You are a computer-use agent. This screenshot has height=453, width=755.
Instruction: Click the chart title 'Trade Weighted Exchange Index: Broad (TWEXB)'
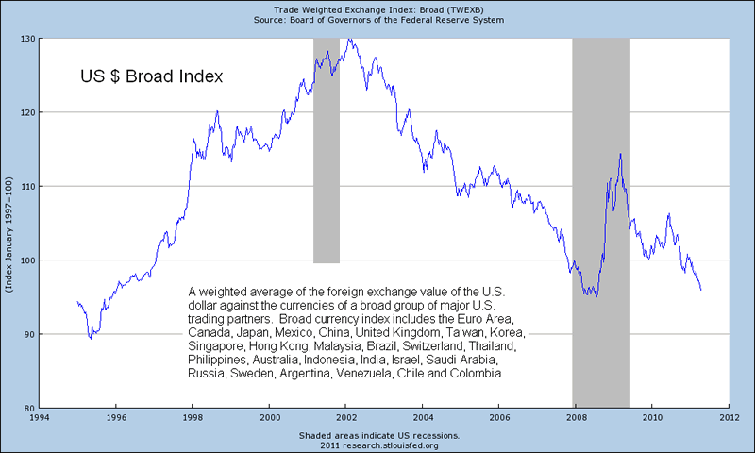pyautogui.click(x=377, y=8)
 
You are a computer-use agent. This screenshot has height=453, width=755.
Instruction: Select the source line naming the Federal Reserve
pyautogui.click(x=377, y=19)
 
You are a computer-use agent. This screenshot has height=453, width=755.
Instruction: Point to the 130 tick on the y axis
pyautogui.click(x=28, y=39)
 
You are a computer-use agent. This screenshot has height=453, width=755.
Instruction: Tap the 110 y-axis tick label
pyautogui.click(x=28, y=187)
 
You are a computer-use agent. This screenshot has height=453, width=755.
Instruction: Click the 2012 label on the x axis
pyautogui.click(x=729, y=416)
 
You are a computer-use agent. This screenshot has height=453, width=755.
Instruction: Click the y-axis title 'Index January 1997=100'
pyautogui.click(x=8, y=223)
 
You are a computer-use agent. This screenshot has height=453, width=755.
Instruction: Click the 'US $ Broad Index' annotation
pyautogui.click(x=151, y=76)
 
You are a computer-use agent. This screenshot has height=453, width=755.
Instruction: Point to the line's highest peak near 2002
pyautogui.click(x=349, y=40)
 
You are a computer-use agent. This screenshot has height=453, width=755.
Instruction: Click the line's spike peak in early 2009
pyautogui.click(x=620, y=154)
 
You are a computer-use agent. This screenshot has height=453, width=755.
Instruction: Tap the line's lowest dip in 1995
pyautogui.click(x=91, y=337)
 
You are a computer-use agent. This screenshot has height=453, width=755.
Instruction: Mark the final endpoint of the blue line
pyautogui.click(x=700, y=290)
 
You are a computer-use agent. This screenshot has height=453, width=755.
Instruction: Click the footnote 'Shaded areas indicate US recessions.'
pyautogui.click(x=377, y=435)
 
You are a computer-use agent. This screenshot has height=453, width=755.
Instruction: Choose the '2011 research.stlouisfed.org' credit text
pyautogui.click(x=377, y=445)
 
